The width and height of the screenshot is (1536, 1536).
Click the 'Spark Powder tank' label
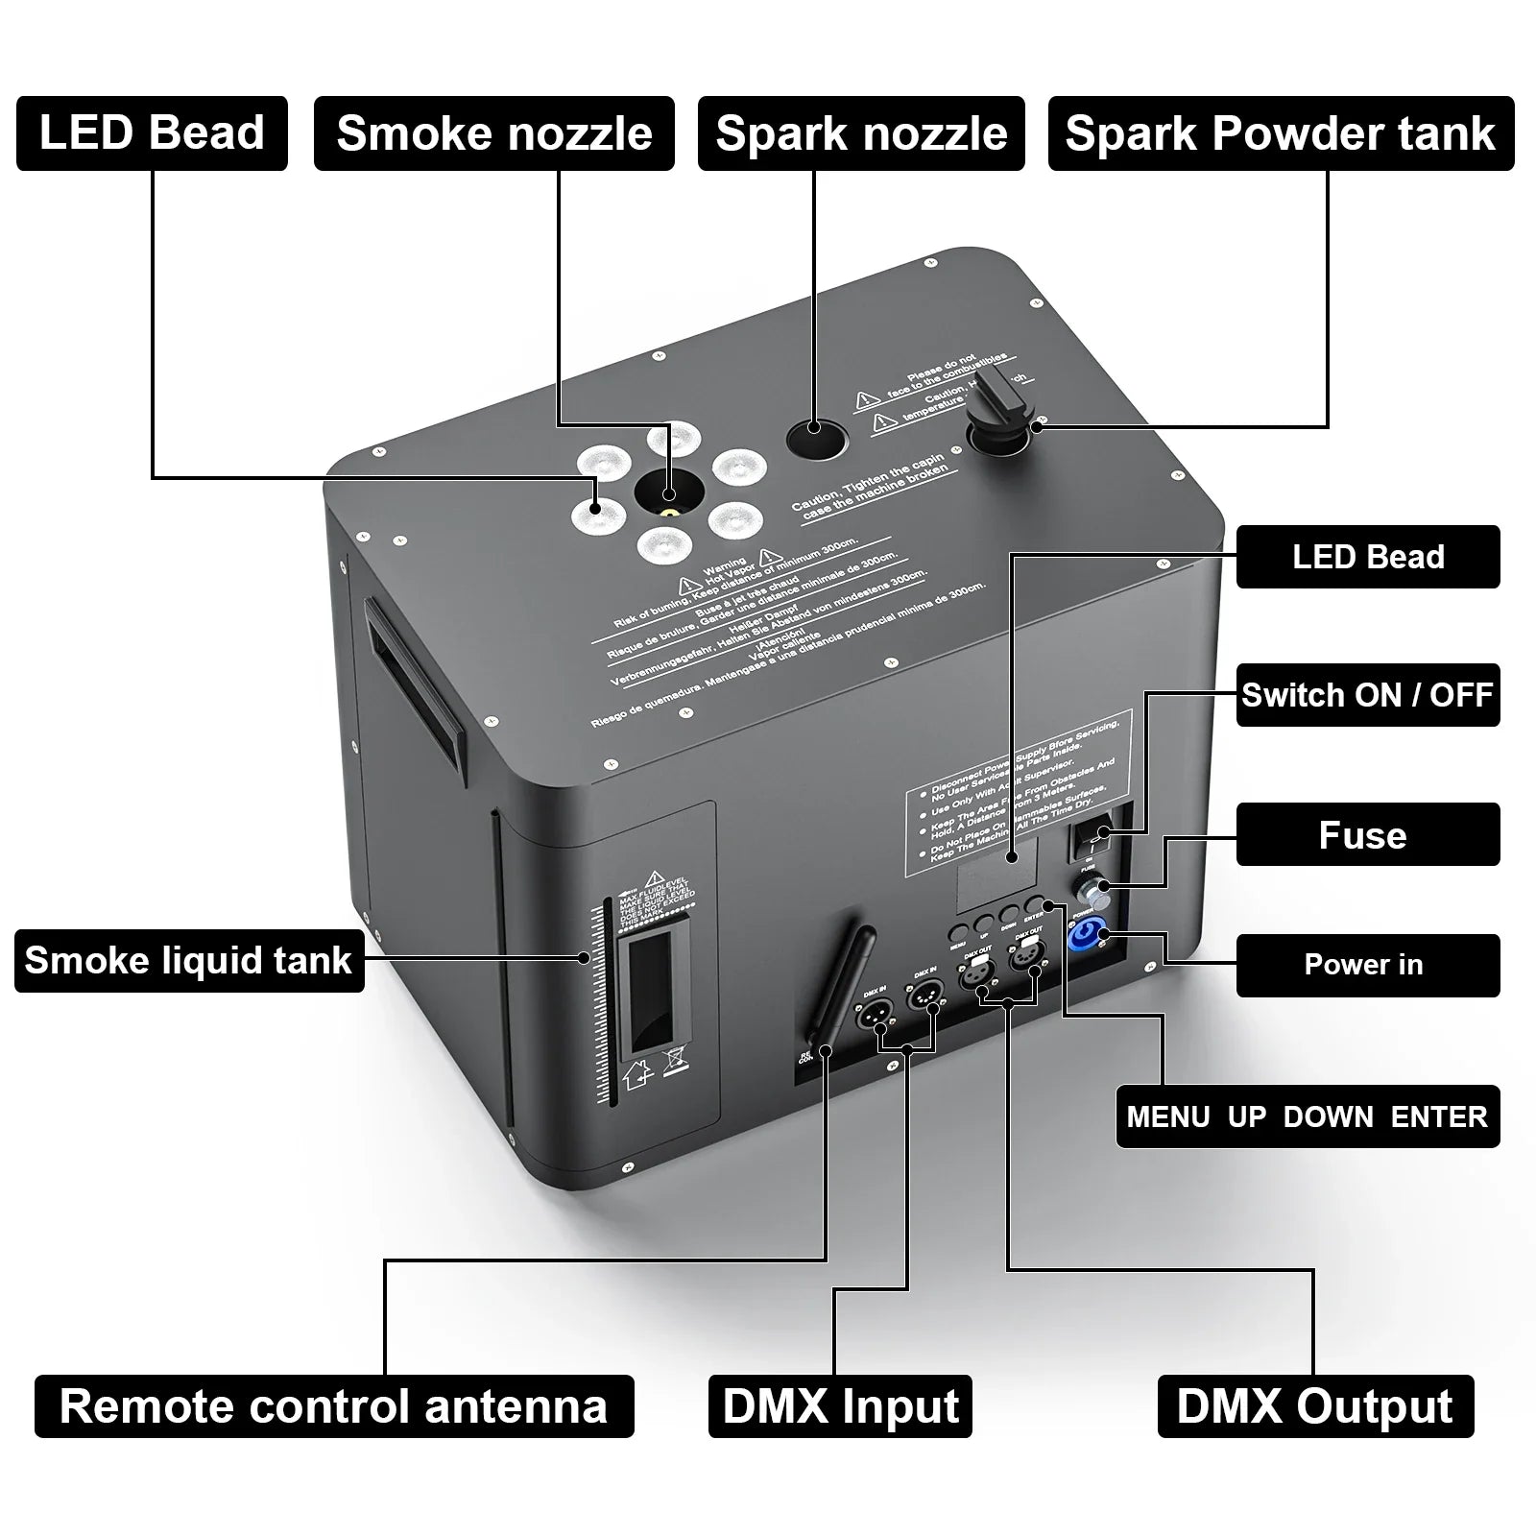pyautogui.click(x=1281, y=133)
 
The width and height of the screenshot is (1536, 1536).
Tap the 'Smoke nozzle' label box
pyautogui.click(x=493, y=133)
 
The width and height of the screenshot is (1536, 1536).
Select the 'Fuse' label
pyautogui.click(x=1367, y=834)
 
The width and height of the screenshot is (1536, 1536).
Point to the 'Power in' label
pyautogui.click(x=1367, y=965)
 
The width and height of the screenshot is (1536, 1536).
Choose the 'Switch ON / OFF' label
pyautogui.click(x=1367, y=694)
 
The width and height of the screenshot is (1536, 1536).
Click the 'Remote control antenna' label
pyautogui.click(x=333, y=1406)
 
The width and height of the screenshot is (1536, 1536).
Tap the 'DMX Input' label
pyautogui.click(x=840, y=1406)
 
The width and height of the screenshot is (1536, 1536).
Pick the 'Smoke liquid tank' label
pyautogui.click(x=189, y=960)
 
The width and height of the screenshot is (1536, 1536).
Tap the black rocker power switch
pyautogui.click(x=1092, y=837)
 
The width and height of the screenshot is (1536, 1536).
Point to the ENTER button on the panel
pyautogui.click(x=1035, y=904)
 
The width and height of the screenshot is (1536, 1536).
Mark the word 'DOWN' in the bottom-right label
pyautogui.click(x=1328, y=1116)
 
